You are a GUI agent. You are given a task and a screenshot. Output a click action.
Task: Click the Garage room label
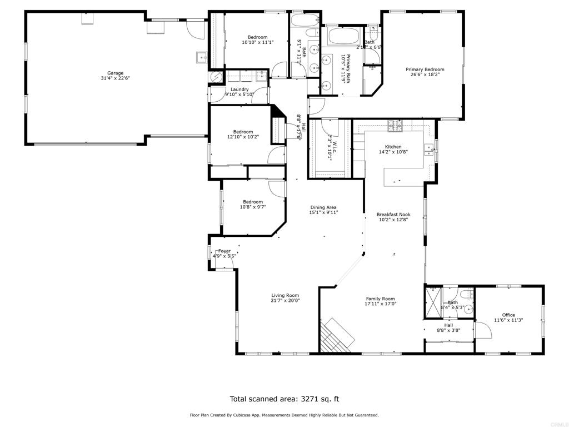[116, 73]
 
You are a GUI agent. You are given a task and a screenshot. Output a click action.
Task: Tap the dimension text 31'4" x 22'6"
[116, 78]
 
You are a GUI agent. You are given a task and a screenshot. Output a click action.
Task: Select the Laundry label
[239, 89]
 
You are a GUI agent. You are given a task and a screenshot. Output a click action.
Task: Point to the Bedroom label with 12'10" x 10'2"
[243, 132]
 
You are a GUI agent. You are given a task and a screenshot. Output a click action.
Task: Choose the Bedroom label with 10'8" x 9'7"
[253, 202]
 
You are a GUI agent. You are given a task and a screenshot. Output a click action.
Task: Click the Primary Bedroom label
[425, 69]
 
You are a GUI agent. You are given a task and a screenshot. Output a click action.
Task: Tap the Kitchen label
[393, 147]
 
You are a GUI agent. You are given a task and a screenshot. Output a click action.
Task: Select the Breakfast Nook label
[393, 214]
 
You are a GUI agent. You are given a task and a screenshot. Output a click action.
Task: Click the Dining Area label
[324, 207]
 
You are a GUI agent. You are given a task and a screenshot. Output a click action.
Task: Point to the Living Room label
[285, 295]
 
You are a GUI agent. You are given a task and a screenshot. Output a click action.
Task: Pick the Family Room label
[380, 299]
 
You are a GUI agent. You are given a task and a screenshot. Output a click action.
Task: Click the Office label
[508, 315]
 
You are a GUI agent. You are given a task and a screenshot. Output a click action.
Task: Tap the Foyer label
[224, 251]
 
